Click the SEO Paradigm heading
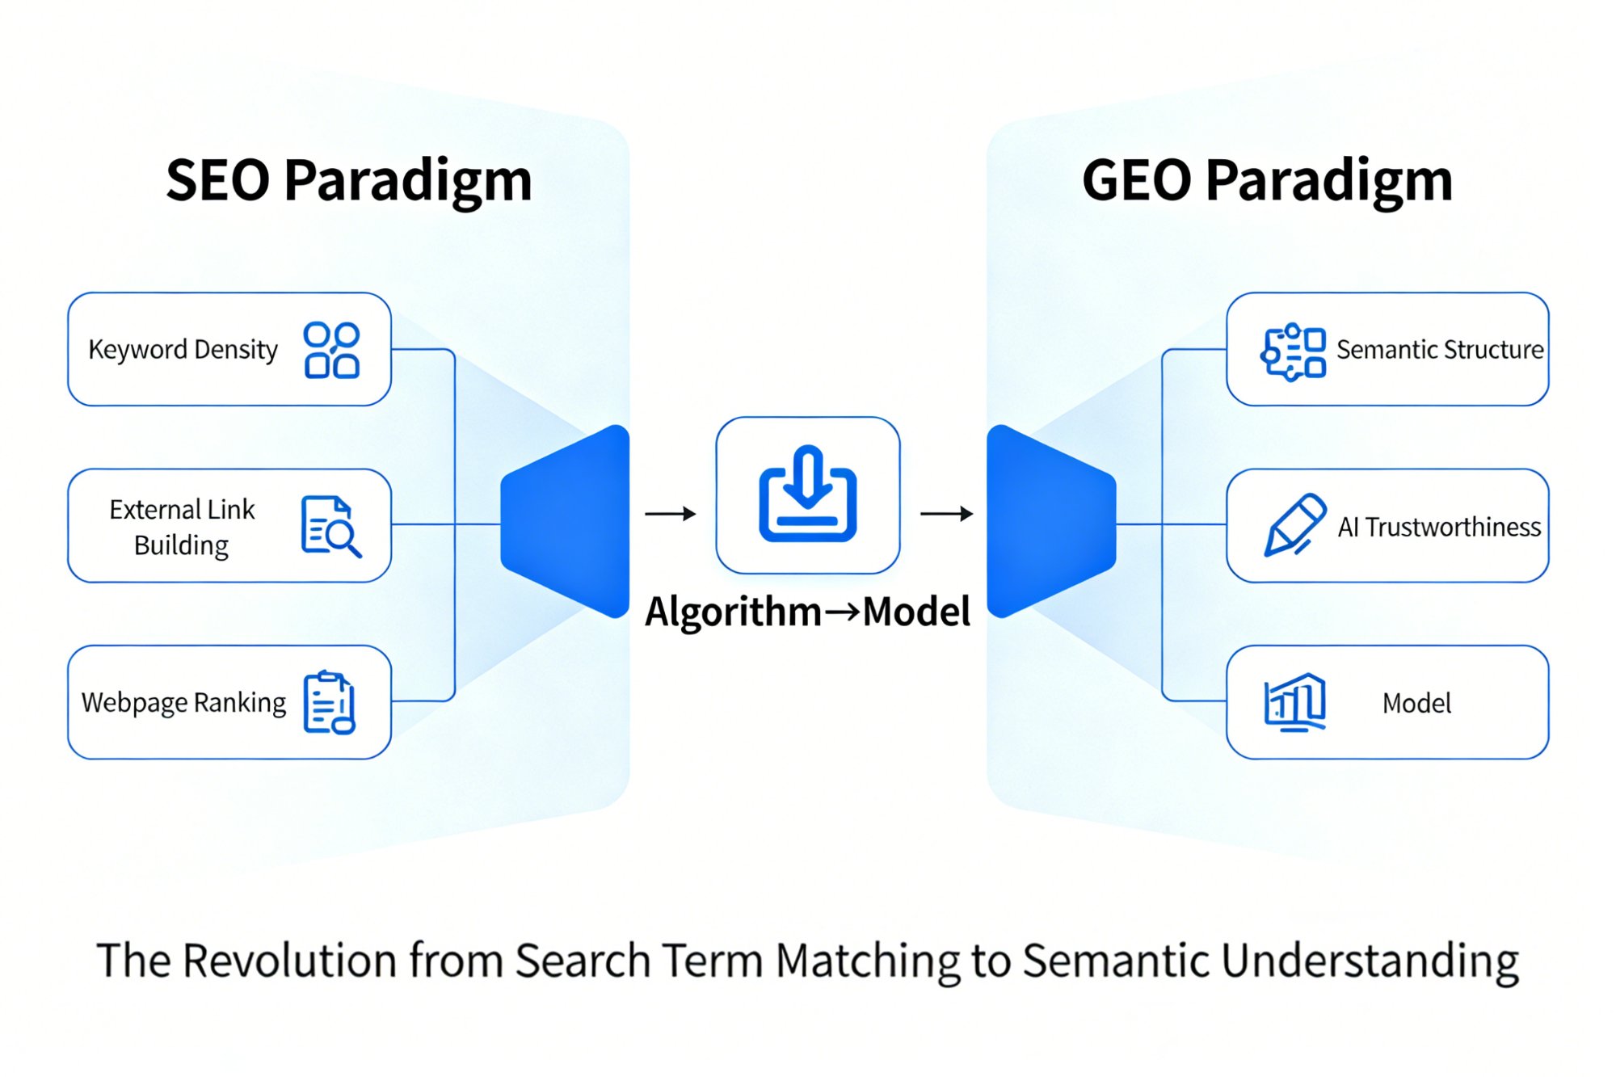pos(348,180)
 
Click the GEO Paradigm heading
pos(1266,180)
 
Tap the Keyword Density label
pos(183,350)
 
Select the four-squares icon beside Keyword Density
pos(331,350)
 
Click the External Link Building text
pos(182,527)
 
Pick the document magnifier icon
pos(330,527)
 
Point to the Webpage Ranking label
pos(183,703)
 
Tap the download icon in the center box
pos(807,494)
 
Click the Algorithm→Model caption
pos(807,612)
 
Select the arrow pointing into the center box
pos(670,513)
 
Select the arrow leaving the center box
pos(946,513)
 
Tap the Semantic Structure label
pos(1439,350)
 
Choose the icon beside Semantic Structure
pos(1293,351)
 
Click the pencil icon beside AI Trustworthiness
pos(1294,525)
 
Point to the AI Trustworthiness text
pos(1439,527)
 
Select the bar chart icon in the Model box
pos(1294,702)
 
